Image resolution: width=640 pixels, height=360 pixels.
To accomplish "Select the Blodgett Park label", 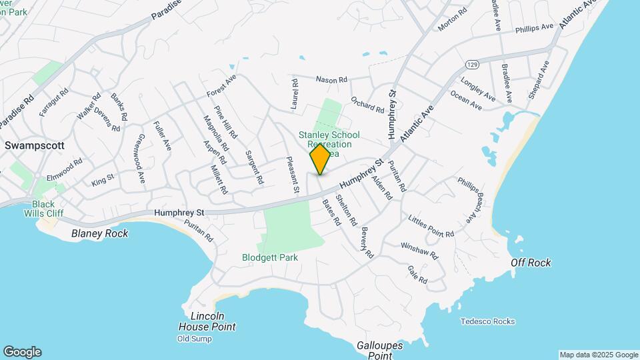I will click(x=269, y=257).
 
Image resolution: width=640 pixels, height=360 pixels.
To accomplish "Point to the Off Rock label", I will click(x=531, y=263).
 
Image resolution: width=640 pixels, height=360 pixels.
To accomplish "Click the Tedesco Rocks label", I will click(x=487, y=321).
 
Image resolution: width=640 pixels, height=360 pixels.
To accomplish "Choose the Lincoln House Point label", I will click(x=207, y=321).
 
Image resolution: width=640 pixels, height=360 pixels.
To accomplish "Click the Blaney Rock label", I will click(x=99, y=233).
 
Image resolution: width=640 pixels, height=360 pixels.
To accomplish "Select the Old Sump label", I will click(x=195, y=339).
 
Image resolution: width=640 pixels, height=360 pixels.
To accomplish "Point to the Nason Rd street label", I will click(x=331, y=80).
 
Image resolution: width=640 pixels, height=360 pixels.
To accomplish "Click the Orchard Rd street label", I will click(x=367, y=105).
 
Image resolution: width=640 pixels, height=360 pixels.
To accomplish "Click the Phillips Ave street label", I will click(x=534, y=29).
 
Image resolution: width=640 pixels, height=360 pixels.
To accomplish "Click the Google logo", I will click(x=22, y=352).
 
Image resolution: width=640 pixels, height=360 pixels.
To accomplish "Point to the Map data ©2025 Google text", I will click(x=599, y=355).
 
